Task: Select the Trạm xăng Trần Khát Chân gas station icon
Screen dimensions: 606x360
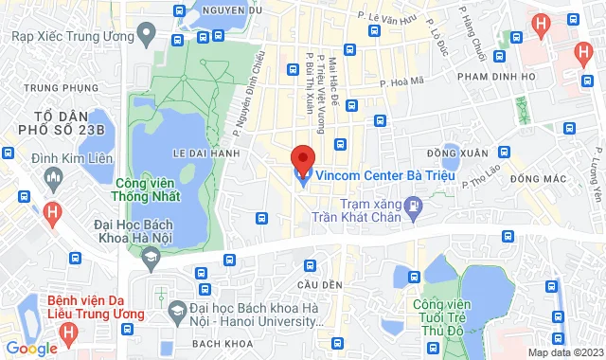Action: pos(413,205)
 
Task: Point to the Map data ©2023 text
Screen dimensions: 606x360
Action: pos(564,352)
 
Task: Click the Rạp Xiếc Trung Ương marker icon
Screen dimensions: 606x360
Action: pos(145,36)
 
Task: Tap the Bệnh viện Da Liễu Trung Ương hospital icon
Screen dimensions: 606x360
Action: pos(68,333)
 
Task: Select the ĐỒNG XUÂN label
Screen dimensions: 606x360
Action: pos(457,153)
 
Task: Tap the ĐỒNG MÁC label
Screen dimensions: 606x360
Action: pos(531,178)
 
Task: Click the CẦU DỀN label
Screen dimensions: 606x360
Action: pos(315,285)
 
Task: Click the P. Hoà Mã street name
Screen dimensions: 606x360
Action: pos(399,83)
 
